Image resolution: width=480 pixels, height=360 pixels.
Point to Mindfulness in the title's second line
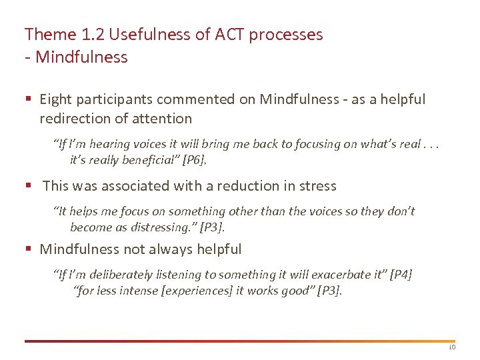pyautogui.click(x=81, y=57)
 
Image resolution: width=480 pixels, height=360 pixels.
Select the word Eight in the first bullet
pyautogui.click(x=55, y=99)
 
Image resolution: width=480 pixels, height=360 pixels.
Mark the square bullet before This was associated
pyautogui.click(x=28, y=186)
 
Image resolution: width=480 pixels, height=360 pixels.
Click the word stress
pyautogui.click(x=318, y=185)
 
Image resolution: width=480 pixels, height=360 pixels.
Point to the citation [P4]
pyautogui.click(x=401, y=275)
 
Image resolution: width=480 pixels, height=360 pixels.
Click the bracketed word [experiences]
pyautogui.click(x=190, y=291)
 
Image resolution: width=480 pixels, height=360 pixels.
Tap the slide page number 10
pyautogui.click(x=451, y=347)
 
